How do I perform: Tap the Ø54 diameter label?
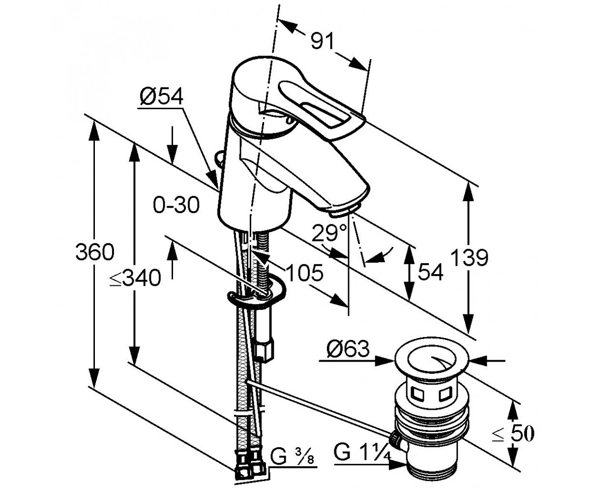pyautogui.click(x=161, y=97)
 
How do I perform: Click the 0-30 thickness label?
pyautogui.click(x=176, y=205)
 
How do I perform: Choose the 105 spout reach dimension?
pyautogui.click(x=304, y=273)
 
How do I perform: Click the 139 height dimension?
pyautogui.click(x=470, y=257)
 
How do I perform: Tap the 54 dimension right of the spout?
pyautogui.click(x=430, y=272)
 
